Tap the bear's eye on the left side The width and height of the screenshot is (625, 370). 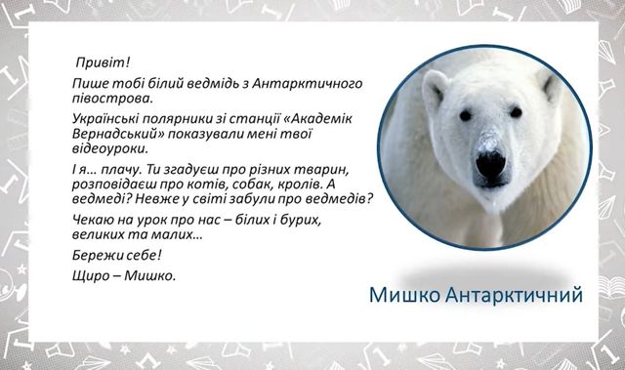click(x=463, y=115)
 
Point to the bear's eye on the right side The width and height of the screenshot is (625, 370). click(x=517, y=113)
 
